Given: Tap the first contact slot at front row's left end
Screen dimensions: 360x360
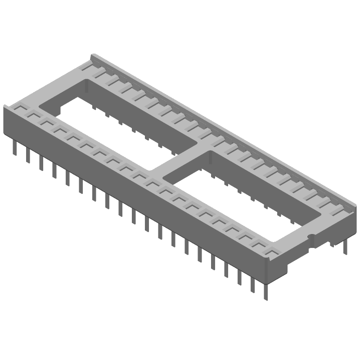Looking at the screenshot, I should coord(20,109).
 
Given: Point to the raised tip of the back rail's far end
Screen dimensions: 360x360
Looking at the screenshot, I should coord(94,56).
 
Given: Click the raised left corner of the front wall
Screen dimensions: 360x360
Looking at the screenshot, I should coord(5,107).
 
